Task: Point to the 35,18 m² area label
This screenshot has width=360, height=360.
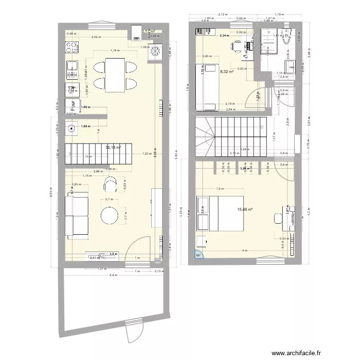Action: pos(113,148)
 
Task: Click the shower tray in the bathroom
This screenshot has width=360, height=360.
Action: pos(270,43)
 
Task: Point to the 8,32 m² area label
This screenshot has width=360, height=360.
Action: pos(227,72)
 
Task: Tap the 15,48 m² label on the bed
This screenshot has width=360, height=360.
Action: pos(245,209)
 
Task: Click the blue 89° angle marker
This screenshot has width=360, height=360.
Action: pos(199,255)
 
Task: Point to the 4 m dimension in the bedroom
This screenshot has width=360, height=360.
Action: pos(244,251)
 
